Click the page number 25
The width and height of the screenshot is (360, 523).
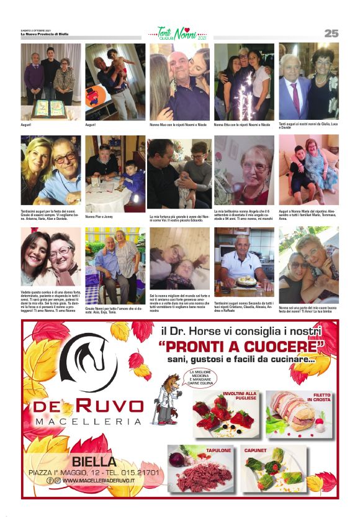(331, 33)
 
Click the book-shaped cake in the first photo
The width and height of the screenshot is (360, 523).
(51, 109)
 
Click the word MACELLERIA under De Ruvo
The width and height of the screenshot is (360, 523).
(89, 422)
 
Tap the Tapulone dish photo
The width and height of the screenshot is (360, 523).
(200, 470)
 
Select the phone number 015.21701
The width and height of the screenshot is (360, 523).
(140, 472)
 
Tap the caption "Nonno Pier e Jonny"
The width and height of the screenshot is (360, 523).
(99, 217)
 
